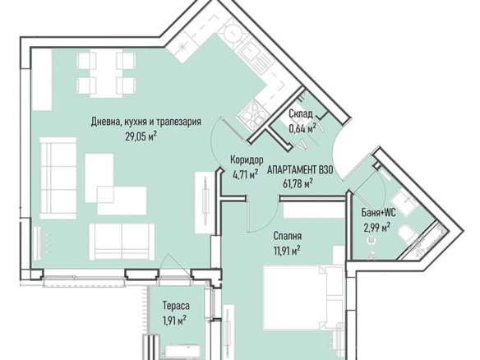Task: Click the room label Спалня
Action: (288, 236)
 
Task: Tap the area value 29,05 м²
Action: (141, 136)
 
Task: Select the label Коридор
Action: (247, 159)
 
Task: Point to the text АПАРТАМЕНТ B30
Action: (300, 170)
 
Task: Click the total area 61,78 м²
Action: (298, 184)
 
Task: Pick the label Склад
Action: (301, 114)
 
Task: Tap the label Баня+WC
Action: (378, 212)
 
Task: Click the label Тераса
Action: (176, 306)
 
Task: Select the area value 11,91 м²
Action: (287, 251)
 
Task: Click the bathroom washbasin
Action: (404, 200)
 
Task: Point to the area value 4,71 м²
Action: (245, 174)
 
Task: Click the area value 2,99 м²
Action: (376, 228)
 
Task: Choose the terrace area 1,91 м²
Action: (174, 321)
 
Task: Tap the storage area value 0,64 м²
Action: (302, 128)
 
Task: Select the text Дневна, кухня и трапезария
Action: (146, 122)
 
